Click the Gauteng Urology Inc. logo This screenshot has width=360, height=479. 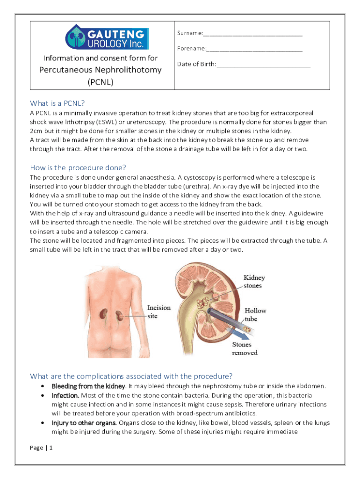click(107, 37)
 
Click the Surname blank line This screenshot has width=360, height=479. click(253, 35)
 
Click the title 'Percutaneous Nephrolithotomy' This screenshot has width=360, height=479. click(100, 70)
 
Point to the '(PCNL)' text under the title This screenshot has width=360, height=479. click(101, 82)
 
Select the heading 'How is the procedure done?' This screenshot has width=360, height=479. click(78, 167)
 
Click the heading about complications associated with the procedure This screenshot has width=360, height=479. click(131, 376)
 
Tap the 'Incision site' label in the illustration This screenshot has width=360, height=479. click(159, 312)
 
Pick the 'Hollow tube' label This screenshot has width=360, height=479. click(255, 314)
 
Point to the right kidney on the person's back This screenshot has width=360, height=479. click(120, 316)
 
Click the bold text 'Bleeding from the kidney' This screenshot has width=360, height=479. click(88, 386)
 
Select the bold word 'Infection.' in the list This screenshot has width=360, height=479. click(65, 395)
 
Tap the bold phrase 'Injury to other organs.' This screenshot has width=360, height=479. click(84, 423)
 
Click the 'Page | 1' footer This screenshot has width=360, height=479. click(41, 448)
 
